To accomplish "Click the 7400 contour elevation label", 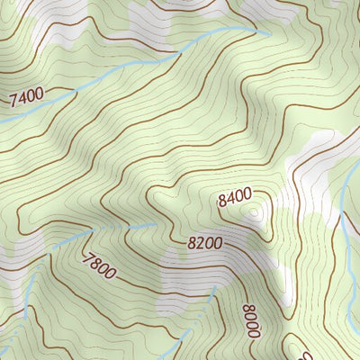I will tap(26, 94).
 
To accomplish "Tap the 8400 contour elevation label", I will tap(234, 197).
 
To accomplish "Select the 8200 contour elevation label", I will tap(206, 243).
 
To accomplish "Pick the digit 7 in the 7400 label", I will tap(13, 97).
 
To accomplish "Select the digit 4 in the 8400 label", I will tap(229, 199).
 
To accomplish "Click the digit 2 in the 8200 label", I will tap(201, 243).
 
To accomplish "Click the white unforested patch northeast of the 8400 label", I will tap(310, 171).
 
